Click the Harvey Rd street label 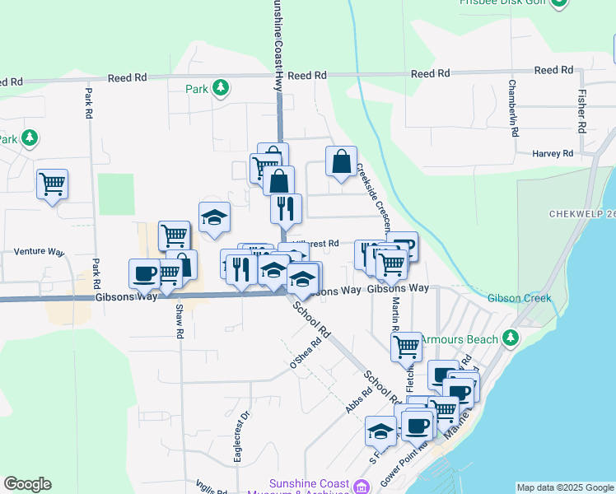pos(552,154)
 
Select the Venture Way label pos(39,252)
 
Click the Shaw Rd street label pos(178,322)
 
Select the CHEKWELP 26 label pos(581,214)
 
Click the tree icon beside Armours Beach pos(511,338)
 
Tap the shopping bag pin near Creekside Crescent pos(341,163)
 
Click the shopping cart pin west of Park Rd pos(52,184)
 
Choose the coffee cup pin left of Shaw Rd pos(144,273)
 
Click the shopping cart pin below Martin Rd pos(406,347)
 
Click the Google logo pos(27,484)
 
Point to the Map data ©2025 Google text pos(565,487)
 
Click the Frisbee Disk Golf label pos(504,3)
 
